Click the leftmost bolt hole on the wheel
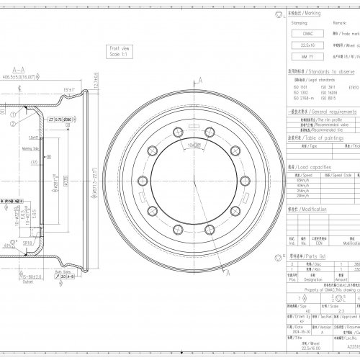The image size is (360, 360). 151,171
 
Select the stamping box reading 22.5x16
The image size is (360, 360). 299,45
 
